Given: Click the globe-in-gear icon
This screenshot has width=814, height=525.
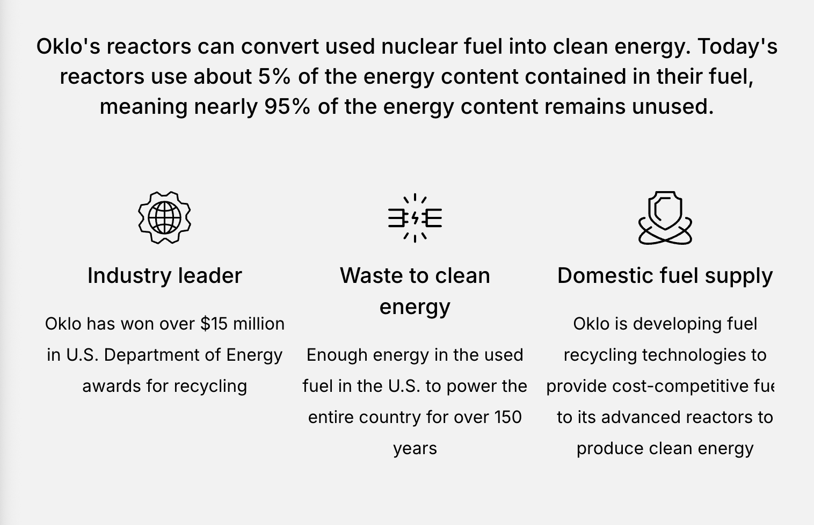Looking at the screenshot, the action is pos(165,217).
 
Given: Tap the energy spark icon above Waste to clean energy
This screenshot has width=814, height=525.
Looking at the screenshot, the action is pos(415,217).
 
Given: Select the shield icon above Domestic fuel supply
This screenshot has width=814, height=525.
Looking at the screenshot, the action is pos(665,217).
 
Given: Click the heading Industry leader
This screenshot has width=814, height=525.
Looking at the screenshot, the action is pos(165,275).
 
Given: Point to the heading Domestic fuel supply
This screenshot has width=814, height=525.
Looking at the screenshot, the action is pos(665,276).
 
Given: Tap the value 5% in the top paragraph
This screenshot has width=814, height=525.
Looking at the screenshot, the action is pos(274,76).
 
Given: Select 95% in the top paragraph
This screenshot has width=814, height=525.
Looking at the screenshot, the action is pos(287,106).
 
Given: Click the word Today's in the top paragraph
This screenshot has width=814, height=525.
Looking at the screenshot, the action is pos(737,47).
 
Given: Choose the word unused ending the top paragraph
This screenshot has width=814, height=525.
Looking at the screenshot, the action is pos(673,106).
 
